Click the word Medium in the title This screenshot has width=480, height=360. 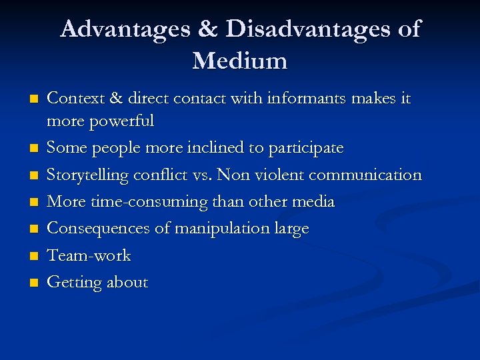(240, 61)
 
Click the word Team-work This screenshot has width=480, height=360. (89, 255)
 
